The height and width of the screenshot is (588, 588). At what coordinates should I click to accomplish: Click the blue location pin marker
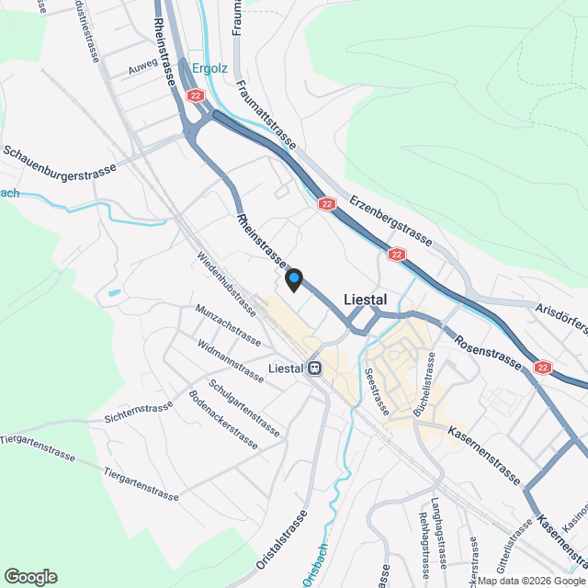(294, 278)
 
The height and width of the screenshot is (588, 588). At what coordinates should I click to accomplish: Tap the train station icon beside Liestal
(315, 368)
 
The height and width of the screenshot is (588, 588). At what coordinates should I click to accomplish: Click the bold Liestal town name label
(365, 300)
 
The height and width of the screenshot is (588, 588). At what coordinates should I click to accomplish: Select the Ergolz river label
(210, 67)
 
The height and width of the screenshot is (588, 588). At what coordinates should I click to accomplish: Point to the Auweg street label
(143, 68)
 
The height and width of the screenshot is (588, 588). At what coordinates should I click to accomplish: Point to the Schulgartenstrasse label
(244, 408)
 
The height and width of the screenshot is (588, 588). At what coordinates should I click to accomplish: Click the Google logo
(30, 576)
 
